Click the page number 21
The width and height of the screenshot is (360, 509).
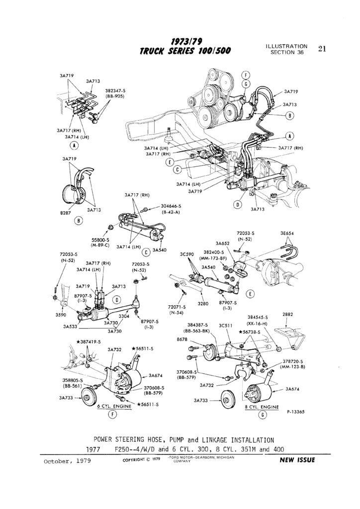point(322,49)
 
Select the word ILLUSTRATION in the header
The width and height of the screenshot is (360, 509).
point(286,46)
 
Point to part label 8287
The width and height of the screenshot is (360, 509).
point(66,212)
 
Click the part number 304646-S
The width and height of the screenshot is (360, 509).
point(171,206)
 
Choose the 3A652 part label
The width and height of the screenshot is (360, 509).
point(222,243)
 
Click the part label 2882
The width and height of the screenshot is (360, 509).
point(288,314)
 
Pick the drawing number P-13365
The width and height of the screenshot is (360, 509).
point(295,412)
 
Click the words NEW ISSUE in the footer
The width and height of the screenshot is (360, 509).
point(297,460)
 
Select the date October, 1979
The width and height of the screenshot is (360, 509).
point(67,460)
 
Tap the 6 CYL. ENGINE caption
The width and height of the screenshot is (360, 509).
point(114,406)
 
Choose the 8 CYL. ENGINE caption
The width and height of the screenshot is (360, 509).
point(262,406)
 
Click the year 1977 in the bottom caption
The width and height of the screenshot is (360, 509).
point(93,449)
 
